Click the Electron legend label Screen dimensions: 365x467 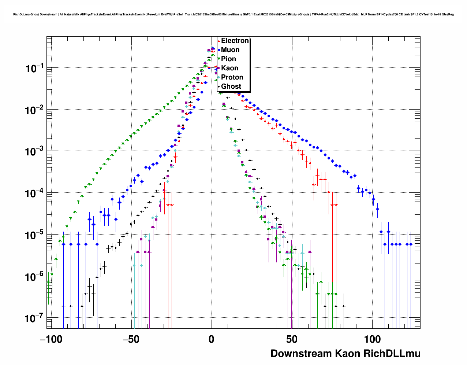pos(235,41)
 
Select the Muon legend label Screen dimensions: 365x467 pos(230,50)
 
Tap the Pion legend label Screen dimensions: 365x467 pos(228,59)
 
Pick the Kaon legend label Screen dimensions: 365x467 pos(229,68)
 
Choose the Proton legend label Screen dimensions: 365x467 pos(232,77)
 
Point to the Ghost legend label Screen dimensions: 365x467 pos(231,86)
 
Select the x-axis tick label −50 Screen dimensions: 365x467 pos(131,339)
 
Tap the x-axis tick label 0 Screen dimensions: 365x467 pos(212,339)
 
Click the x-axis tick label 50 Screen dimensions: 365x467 pos(292,339)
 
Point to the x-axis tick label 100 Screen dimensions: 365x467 pos(373,339)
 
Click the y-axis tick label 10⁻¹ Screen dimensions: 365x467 pos(35,68)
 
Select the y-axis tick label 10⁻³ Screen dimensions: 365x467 pos(35,151)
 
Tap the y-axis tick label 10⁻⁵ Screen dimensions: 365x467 pos(35,235)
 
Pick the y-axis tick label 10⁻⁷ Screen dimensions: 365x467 pos(35,318)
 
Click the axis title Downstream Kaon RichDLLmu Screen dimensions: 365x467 pos(345,354)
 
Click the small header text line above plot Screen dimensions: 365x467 pos(233,14)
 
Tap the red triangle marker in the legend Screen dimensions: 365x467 pos(219,41)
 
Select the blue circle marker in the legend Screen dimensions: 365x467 pos(219,50)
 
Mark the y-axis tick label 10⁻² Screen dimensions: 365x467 pos(35,110)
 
